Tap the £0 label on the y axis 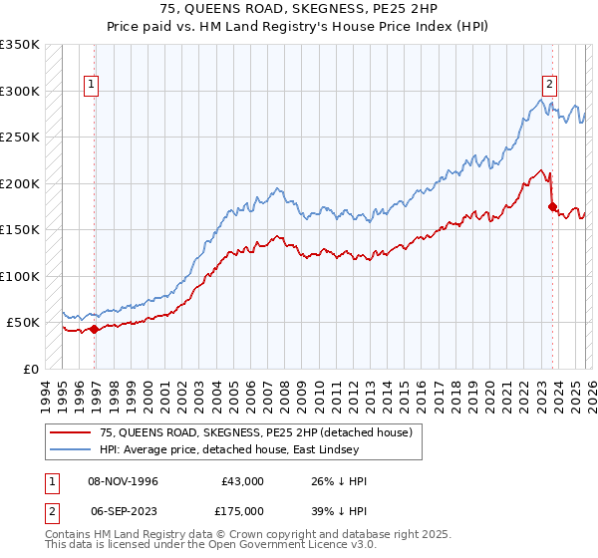[31, 369]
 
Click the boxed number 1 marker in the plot [91, 86]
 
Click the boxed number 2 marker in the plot [548, 86]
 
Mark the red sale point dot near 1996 [95, 329]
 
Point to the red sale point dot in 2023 [551, 207]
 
